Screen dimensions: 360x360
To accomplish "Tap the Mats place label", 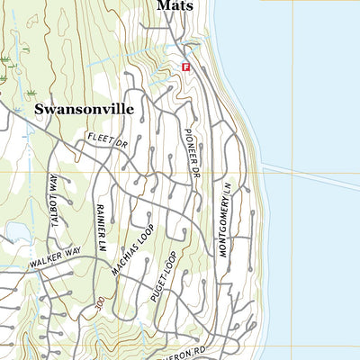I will click(x=175, y=5).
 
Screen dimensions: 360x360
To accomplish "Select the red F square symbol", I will click(x=186, y=67).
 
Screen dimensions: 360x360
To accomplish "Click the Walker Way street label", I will click(x=54, y=262).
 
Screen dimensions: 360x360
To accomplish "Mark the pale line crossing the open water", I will click(x=310, y=177).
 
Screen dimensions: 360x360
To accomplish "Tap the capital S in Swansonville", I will click(x=40, y=109).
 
